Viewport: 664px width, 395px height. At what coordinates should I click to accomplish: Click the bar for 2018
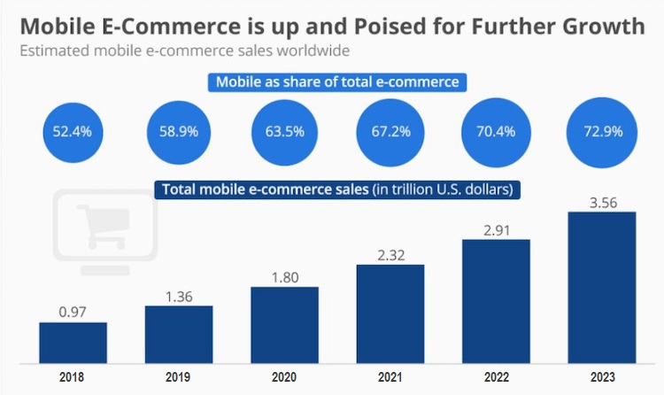pos(73,342)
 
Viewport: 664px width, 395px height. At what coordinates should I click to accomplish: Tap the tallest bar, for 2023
pos(601,286)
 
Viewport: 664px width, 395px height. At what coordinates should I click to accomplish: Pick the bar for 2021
pos(390,313)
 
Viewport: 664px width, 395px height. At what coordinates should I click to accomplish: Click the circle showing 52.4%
pos(73,131)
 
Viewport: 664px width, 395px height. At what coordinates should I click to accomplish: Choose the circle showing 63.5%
pos(284,131)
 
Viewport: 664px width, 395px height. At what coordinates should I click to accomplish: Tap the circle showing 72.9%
pos(601,131)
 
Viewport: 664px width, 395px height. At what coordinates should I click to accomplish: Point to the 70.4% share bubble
pos(496,131)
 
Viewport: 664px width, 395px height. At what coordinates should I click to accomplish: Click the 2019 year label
pos(178,376)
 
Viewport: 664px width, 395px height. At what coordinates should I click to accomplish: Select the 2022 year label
pos(496,376)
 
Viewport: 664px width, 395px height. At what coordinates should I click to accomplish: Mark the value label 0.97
pos(73,311)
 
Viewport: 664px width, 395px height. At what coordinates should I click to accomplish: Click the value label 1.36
pos(178,294)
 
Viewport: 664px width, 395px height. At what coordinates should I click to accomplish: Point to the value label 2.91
pos(496,228)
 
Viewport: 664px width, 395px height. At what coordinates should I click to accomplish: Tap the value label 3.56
pos(601,201)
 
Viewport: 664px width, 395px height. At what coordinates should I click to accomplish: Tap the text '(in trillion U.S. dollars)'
pos(444,189)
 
